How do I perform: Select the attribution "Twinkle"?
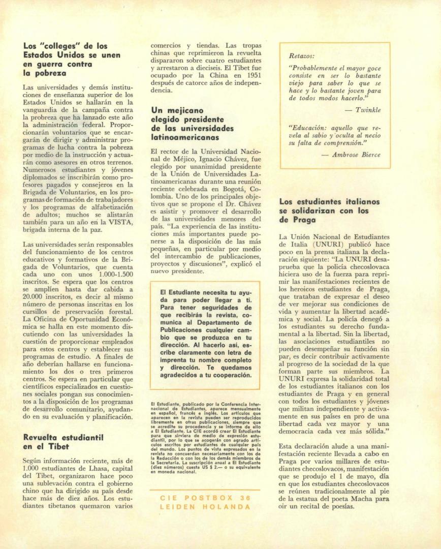point(368,109)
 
